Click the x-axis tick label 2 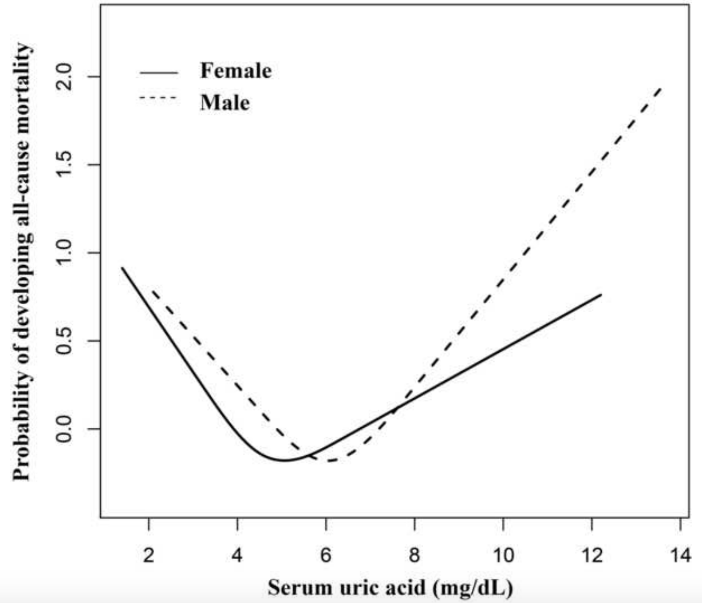pos(148,555)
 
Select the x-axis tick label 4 pos(237,555)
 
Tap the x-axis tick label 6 pos(326,555)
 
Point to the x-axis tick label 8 pos(414,555)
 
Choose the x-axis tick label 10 pos(503,555)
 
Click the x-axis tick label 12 pos(592,555)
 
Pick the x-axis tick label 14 pos(680,555)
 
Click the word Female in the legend pos(236,71)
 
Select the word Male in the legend pos(225,103)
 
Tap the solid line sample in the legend pos(158,73)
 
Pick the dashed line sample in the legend pos(158,98)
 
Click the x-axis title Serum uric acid pos(390,587)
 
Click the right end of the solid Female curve pos(601,295)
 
